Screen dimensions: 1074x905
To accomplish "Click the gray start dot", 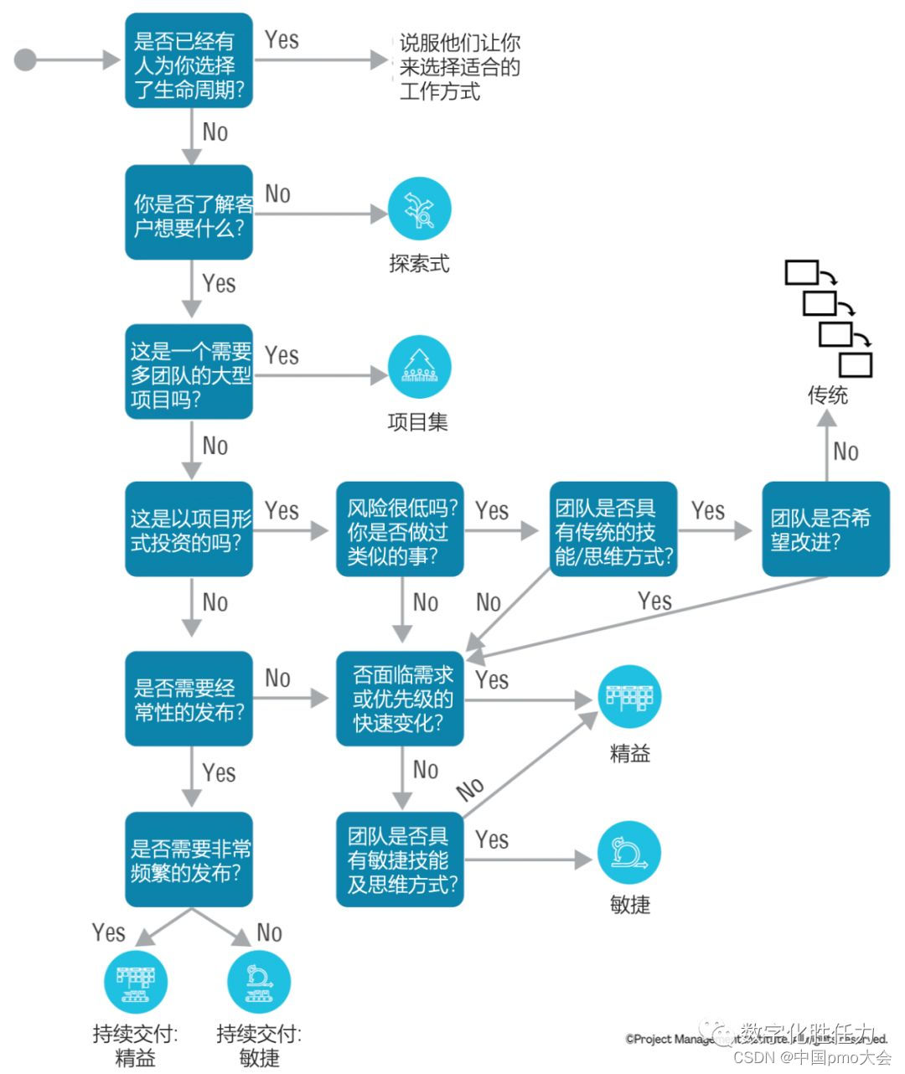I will (x=26, y=60).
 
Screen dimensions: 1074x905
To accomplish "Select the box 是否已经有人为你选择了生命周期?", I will (x=189, y=61).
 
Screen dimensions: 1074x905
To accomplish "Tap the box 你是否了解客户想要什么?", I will (x=189, y=213).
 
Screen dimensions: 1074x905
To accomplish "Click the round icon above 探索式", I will (x=419, y=209).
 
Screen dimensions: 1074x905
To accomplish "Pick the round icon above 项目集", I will (x=419, y=369).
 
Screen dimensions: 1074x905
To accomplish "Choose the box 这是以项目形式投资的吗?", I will (x=189, y=529).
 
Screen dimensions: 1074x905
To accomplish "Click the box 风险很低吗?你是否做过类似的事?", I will (x=400, y=529).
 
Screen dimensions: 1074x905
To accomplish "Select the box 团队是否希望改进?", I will (x=825, y=529).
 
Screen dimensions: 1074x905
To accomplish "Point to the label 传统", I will (x=827, y=395).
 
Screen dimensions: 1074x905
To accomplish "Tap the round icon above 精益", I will (x=629, y=697).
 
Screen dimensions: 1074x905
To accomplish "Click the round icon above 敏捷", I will (x=629, y=853).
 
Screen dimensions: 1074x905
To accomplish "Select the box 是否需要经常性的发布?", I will (x=189, y=699).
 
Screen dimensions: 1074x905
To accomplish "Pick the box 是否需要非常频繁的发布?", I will (x=189, y=860).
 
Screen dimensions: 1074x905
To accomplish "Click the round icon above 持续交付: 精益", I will (x=136, y=982).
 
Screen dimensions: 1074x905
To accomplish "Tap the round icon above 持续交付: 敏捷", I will (x=259, y=982).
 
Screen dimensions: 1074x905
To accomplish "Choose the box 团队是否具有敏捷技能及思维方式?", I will (x=400, y=860).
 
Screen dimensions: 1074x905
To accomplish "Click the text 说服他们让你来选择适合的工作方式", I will (x=459, y=67).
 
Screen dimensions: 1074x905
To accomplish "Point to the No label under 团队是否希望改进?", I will (x=846, y=452).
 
